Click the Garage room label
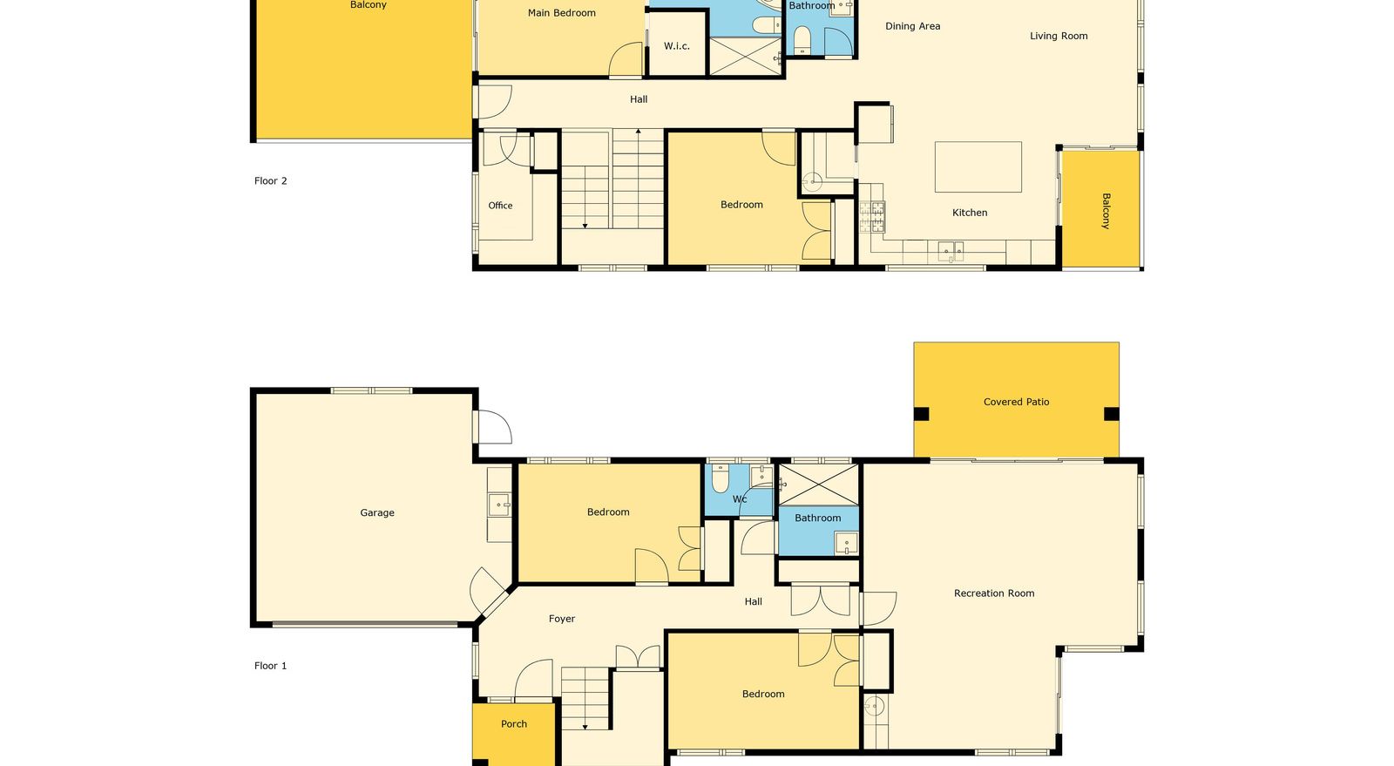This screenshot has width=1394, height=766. (377, 512)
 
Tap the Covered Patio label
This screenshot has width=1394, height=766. (1016, 402)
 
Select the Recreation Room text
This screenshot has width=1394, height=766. (994, 593)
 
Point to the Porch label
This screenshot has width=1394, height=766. (514, 723)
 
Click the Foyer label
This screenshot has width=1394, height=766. (562, 619)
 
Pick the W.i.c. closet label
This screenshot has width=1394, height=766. (676, 46)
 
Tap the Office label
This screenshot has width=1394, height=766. (500, 206)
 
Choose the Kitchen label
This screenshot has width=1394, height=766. (970, 213)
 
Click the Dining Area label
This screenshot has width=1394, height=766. (913, 26)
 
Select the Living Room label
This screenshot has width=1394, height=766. (1059, 36)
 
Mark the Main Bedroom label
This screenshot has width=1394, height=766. (561, 13)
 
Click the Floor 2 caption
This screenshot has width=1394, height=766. (271, 181)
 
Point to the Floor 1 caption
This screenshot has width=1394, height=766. (271, 666)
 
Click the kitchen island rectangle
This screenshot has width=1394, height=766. (978, 166)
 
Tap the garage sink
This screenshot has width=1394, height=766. (499, 505)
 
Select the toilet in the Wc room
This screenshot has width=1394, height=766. (720, 478)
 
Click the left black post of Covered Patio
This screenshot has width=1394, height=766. (921, 414)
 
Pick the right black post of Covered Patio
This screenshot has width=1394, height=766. (1112, 414)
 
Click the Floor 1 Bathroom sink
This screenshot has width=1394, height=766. (846, 543)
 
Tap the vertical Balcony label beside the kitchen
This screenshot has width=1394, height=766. (1106, 211)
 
